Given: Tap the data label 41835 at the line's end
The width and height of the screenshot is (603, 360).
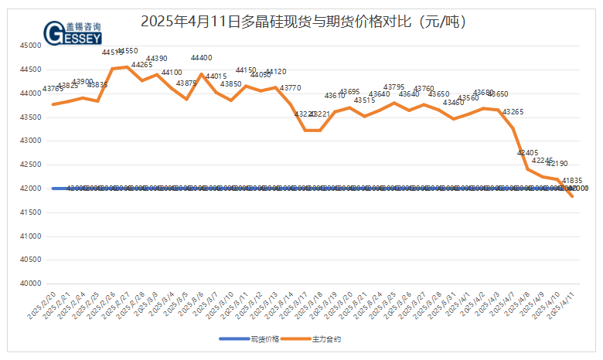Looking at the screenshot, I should point(572,181).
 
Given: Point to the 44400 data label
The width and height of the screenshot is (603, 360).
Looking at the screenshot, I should point(202,58).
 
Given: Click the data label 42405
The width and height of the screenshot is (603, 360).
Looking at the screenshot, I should point(527,153).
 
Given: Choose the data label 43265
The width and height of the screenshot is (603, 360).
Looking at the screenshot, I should point(513,112).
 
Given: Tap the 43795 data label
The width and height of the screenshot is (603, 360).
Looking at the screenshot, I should point(394,87).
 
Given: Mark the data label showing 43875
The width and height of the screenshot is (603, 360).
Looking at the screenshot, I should point(186,83).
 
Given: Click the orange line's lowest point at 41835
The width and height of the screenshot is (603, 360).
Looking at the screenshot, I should point(572,196).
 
